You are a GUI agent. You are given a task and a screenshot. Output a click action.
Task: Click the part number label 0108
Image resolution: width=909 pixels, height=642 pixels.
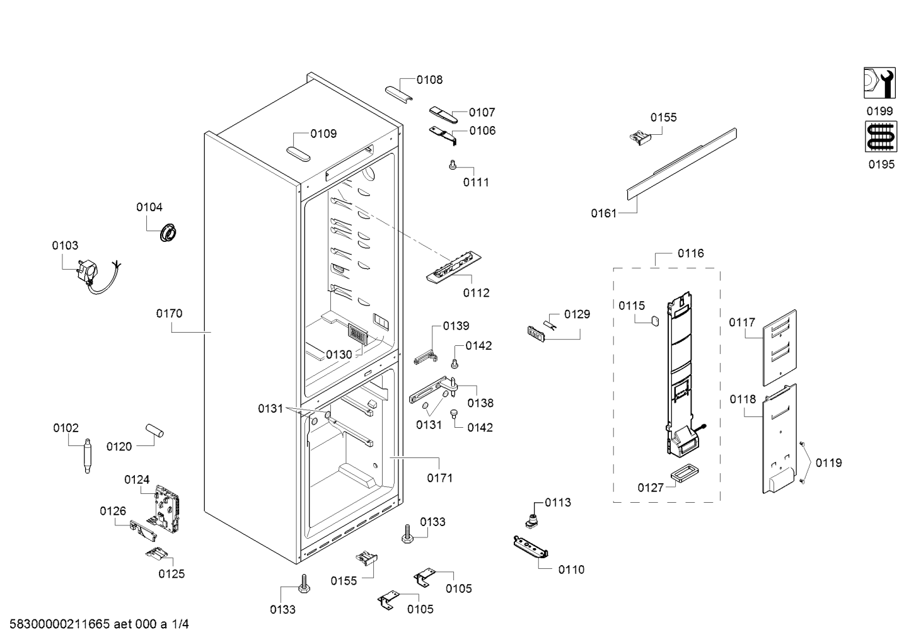429,80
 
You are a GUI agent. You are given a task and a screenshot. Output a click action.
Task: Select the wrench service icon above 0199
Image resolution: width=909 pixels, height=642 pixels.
879,83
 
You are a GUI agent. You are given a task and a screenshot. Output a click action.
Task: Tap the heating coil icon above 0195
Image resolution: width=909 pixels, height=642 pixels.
881,137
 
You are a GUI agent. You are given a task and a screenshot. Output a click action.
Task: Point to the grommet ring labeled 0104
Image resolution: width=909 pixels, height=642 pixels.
168,232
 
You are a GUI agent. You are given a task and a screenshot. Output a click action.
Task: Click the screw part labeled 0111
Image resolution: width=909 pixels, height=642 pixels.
453,164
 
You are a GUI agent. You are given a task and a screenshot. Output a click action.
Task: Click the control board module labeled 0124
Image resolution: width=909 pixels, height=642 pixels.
167,508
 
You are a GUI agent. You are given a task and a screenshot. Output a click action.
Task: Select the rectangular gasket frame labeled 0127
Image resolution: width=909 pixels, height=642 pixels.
684,473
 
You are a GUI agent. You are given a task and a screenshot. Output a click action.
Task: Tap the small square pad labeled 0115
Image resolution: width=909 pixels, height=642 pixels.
654,321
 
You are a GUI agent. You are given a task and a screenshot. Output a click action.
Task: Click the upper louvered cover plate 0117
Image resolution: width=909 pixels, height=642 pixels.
780,348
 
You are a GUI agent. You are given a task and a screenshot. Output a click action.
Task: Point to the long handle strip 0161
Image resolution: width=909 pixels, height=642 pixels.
682,164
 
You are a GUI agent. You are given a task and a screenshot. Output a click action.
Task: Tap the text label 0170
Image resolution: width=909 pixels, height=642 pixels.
169,314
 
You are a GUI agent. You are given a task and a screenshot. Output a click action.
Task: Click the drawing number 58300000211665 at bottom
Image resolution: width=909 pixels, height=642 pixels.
60,624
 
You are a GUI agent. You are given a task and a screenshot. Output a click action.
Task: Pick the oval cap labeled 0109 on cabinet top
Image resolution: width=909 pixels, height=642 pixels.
298,154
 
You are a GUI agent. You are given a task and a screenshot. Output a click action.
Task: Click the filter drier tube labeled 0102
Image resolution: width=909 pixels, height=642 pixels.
87,456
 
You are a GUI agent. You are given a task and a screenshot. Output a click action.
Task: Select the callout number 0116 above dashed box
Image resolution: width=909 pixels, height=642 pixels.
691,253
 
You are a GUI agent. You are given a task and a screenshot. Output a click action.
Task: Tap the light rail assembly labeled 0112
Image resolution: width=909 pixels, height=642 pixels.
454,267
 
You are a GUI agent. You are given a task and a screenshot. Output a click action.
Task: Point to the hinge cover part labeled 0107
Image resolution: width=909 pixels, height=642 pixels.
444,115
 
